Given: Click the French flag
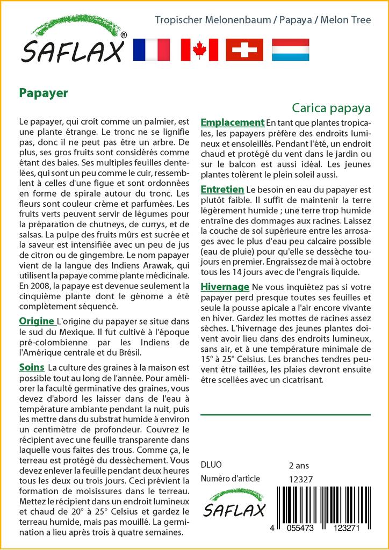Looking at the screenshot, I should pyautogui.click(x=151, y=50).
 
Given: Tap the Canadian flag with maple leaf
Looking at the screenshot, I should pyautogui.click(x=199, y=50).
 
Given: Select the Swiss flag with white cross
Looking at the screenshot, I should pyautogui.click(x=244, y=50).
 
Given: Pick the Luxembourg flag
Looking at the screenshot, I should pyautogui.click(x=290, y=50).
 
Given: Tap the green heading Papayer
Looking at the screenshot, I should pyautogui.click(x=44, y=93).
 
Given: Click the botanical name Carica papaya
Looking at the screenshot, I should pyautogui.click(x=332, y=107).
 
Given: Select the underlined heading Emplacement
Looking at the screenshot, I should pyautogui.click(x=232, y=122).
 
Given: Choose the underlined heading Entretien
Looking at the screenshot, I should pyautogui.click(x=222, y=190).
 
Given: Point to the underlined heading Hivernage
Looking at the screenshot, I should pyautogui.click(x=225, y=287).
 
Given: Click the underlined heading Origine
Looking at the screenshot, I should pyautogui.click(x=37, y=321).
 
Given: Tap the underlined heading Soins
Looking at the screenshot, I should pyautogui.click(x=32, y=368).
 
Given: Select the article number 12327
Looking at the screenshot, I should pyautogui.click(x=301, y=479).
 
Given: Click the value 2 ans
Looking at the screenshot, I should pyautogui.click(x=299, y=465).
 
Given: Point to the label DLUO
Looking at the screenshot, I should pyautogui.click(x=211, y=465).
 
